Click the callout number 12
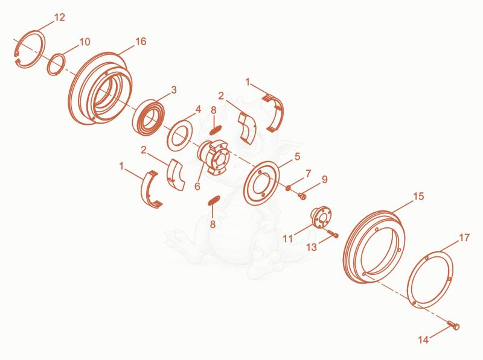point(59,17)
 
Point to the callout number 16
point(141,41)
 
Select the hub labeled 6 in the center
point(213,157)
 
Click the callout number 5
point(297,156)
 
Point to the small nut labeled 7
point(289,188)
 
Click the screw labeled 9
point(302,195)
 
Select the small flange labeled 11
point(321,217)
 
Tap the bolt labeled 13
point(333,234)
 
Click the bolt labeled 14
point(453,325)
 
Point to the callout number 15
point(418,196)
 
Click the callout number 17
point(464,238)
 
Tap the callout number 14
point(424,339)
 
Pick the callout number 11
point(288,238)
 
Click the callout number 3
point(174,90)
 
